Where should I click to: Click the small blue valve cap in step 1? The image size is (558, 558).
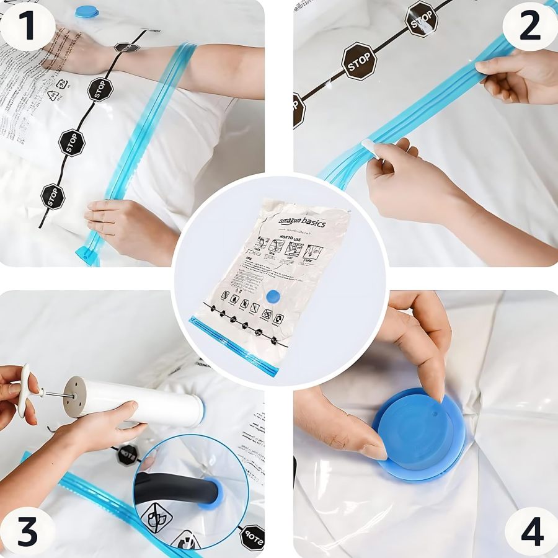click(87, 11)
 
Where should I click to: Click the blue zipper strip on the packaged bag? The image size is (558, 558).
click(236, 344)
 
